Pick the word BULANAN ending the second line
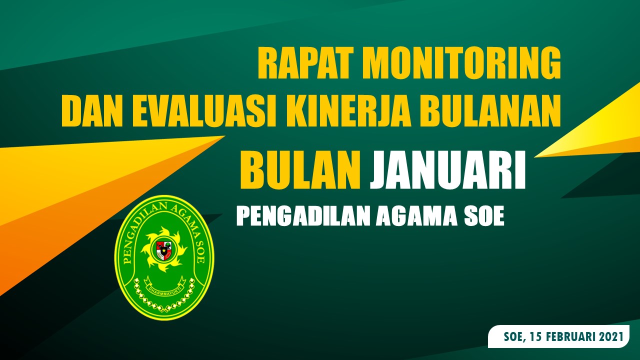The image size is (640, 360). tap(489, 112)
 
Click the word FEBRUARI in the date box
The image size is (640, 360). tap(572, 337)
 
